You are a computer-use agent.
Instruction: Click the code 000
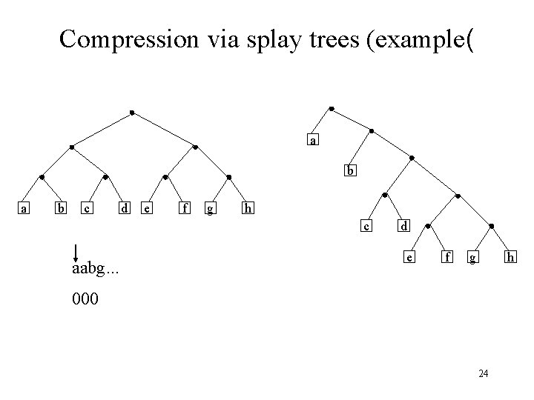[x=86, y=301]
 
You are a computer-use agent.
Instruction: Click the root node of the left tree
[x=132, y=113]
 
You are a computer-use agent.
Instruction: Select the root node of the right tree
[x=331, y=109]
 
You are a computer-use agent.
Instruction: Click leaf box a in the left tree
[x=24, y=209]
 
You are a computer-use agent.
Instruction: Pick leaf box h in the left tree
[x=248, y=209]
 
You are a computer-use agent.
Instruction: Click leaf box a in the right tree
[x=314, y=139]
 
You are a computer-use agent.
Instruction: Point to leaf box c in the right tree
[x=366, y=225]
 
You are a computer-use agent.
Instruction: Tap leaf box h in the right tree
[x=510, y=258]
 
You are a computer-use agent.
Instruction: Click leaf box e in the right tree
[x=409, y=258]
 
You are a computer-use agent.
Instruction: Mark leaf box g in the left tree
[x=211, y=209]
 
